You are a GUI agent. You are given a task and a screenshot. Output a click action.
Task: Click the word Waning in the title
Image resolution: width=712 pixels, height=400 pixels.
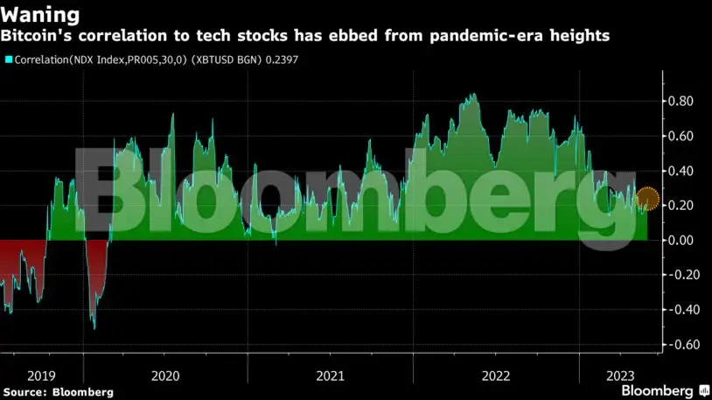click(43, 15)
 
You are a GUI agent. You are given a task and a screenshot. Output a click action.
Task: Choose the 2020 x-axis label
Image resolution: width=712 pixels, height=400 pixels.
click(165, 375)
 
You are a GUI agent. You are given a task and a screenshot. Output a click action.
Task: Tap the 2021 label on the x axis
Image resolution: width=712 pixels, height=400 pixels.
click(330, 375)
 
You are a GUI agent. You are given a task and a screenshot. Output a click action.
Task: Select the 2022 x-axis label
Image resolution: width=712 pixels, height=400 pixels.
click(494, 375)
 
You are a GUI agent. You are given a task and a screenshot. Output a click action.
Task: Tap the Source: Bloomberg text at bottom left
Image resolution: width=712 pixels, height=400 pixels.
click(59, 391)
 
